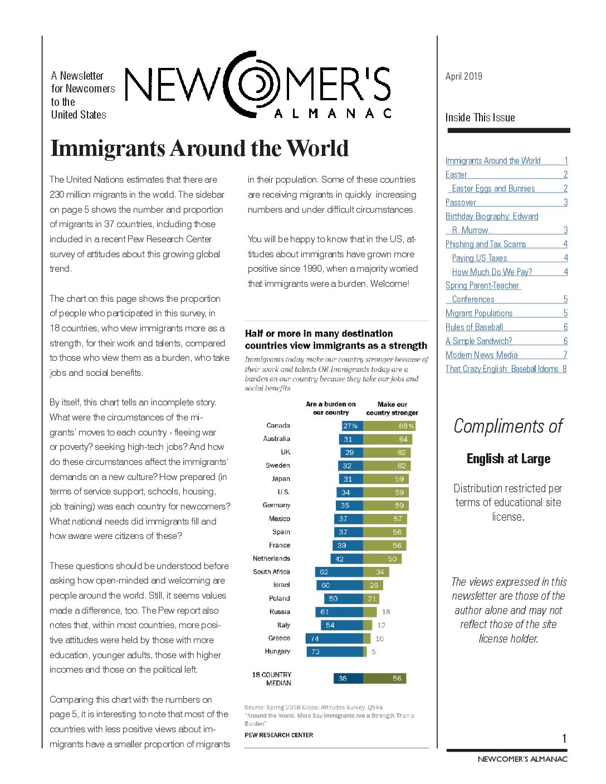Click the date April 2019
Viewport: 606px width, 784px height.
(x=463, y=76)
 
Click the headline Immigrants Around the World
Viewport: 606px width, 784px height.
(x=199, y=148)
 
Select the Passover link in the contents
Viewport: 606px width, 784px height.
(x=461, y=202)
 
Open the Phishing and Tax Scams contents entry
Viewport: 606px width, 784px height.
(x=485, y=244)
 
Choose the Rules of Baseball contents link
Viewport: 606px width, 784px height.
(x=474, y=327)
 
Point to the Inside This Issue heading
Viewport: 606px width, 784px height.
(x=480, y=117)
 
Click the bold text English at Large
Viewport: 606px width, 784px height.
(x=508, y=458)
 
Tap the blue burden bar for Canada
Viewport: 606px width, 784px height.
(x=351, y=426)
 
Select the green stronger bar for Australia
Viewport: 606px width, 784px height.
(x=388, y=439)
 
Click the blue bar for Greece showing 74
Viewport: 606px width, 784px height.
(x=334, y=639)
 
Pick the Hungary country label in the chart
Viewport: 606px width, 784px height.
(x=277, y=651)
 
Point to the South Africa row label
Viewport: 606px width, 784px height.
(x=271, y=572)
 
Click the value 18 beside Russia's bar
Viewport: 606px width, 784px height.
(x=386, y=611)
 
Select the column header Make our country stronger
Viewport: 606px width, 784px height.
(x=392, y=409)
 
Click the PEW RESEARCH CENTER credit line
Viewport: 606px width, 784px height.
(x=278, y=735)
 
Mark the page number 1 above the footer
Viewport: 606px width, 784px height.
(x=564, y=739)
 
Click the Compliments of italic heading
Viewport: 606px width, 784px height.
(x=508, y=426)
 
